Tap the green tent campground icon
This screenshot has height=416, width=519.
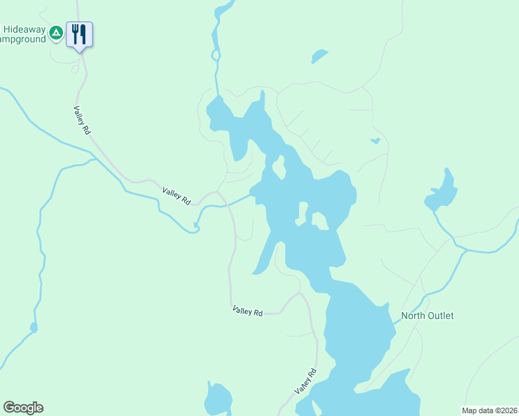click(58, 31)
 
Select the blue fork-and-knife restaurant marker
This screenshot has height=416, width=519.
click(79, 34)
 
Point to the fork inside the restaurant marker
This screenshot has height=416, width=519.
click(75, 33)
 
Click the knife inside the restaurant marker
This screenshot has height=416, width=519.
click(83, 33)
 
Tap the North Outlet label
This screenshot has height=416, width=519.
click(427, 315)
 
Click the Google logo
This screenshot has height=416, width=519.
click(23, 408)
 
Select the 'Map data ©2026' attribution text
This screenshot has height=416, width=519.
click(489, 410)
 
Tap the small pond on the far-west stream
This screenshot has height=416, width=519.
click(33, 327)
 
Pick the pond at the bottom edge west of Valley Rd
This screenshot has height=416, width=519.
click(218, 399)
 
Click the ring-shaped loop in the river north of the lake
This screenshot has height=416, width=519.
click(216, 54)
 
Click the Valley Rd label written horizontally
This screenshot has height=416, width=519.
click(248, 312)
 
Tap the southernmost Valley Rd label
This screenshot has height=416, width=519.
click(305, 381)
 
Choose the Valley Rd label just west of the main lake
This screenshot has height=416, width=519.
click(176, 196)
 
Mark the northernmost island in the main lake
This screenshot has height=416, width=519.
click(279, 167)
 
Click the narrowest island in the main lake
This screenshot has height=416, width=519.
click(303, 211)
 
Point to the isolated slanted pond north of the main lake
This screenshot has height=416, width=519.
click(319, 55)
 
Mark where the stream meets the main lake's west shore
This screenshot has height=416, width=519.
click(251, 196)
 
